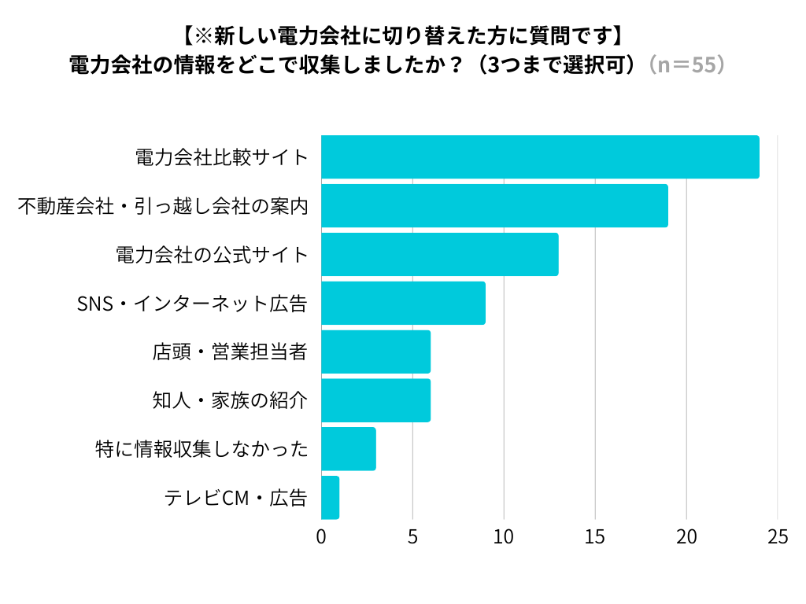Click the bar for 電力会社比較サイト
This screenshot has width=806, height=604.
coord(540,157)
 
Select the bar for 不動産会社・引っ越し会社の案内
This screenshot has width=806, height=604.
coord(494,206)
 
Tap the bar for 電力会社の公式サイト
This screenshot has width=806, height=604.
coord(440,255)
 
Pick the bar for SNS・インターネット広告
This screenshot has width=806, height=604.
coord(403,303)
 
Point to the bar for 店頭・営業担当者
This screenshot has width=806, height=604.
coord(376,352)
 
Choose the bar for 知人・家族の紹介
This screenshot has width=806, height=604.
coord(376,400)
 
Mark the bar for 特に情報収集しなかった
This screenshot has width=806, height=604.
coord(349,449)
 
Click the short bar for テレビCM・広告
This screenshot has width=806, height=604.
coord(331,498)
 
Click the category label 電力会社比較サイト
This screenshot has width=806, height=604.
coord(221,157)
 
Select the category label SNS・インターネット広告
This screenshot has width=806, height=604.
coord(191,304)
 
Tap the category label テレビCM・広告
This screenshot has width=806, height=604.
coord(235,498)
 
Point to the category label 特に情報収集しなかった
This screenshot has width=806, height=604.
coord(200,449)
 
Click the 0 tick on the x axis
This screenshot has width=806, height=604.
coord(321,537)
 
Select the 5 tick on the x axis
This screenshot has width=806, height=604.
coord(412,537)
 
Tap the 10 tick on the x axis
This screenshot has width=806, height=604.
coord(504,537)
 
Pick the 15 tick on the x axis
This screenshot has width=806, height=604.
coord(595,537)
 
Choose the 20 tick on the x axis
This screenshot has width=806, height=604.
coord(686,537)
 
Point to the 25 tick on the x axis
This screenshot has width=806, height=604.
coord(778,537)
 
